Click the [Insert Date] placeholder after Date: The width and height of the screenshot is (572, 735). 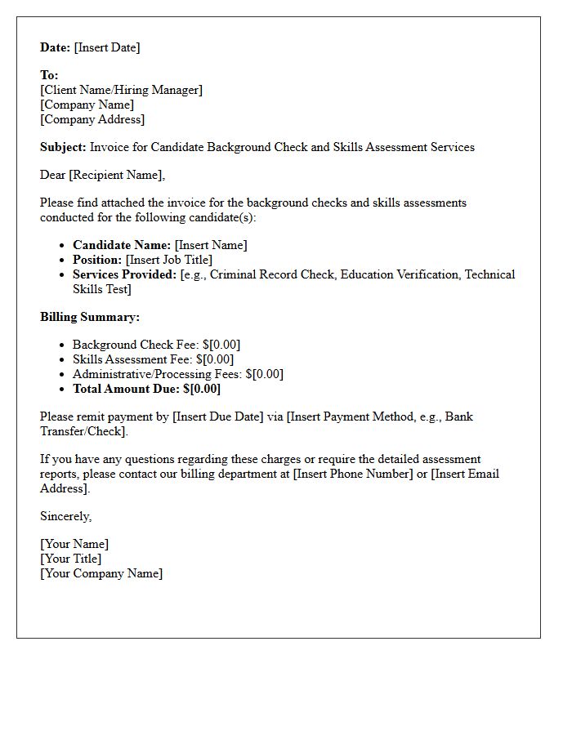[x=107, y=47]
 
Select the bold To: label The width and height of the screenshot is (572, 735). [x=49, y=75]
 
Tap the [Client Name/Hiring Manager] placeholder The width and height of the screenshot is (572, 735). [x=121, y=90]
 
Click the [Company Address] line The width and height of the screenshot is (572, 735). [x=92, y=119]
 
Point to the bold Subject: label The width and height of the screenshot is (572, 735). [x=63, y=147]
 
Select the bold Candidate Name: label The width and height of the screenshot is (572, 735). [x=122, y=245]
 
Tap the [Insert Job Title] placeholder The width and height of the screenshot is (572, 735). [x=169, y=260]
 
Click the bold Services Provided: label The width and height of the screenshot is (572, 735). [x=124, y=274]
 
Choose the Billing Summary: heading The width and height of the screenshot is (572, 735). [x=90, y=317]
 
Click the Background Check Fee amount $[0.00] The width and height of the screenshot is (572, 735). [x=221, y=345]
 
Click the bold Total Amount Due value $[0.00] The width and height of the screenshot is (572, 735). [x=202, y=389]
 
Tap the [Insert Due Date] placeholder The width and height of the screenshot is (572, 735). [x=218, y=416]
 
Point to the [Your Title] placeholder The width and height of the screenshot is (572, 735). [x=71, y=559]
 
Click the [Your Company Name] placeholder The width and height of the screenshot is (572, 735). [x=101, y=573]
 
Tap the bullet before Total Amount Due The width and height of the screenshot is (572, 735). [x=64, y=390]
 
